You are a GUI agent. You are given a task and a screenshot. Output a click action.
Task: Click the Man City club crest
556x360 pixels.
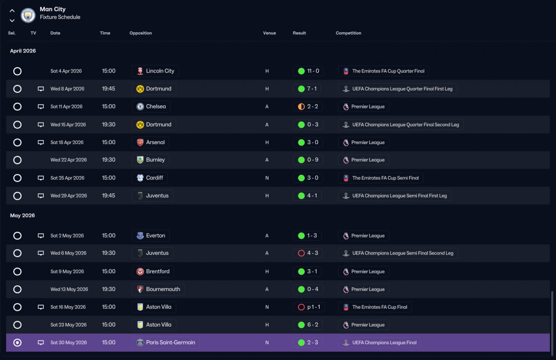pyautogui.click(x=28, y=15)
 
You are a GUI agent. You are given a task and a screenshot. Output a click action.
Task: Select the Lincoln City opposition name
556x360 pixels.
pyautogui.click(x=160, y=71)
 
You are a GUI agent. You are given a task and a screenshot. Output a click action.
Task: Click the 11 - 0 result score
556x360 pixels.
pyautogui.click(x=313, y=71)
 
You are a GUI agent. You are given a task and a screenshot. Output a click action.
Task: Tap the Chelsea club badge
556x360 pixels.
pyautogui.click(x=140, y=107)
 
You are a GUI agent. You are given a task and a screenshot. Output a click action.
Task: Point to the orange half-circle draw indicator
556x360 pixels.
pyautogui.click(x=301, y=107)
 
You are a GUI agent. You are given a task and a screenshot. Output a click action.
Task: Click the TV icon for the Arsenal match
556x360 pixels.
pyautogui.click(x=41, y=142)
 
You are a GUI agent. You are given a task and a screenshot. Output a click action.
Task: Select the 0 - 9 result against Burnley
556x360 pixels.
pyautogui.click(x=313, y=160)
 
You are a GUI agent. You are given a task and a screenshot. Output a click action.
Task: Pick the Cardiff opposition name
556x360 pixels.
pyautogui.click(x=154, y=178)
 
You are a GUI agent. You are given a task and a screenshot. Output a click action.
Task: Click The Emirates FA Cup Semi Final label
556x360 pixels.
pyautogui.click(x=385, y=178)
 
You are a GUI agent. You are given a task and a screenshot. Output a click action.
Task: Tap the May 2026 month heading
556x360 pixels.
pyautogui.click(x=22, y=215)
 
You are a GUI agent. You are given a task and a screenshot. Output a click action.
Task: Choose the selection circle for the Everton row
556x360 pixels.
pyautogui.click(x=17, y=236)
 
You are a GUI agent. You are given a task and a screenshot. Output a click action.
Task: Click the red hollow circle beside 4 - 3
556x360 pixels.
pyautogui.click(x=301, y=253)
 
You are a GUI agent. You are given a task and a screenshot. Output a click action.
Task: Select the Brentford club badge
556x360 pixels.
pyautogui.click(x=140, y=271)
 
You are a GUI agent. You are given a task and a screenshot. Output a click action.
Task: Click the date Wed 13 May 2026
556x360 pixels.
pyautogui.click(x=69, y=289)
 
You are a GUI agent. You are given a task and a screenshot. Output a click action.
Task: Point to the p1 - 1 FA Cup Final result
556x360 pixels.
pyautogui.click(x=314, y=307)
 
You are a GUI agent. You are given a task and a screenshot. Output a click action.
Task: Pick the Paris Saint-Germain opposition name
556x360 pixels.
pyautogui.click(x=171, y=342)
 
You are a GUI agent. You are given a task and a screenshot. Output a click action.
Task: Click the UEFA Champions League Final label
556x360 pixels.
pyautogui.click(x=384, y=343)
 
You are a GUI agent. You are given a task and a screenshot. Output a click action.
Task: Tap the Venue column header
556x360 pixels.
pyautogui.click(x=269, y=33)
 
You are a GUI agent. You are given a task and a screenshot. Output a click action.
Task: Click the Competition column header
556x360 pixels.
pyautogui.click(x=348, y=33)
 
